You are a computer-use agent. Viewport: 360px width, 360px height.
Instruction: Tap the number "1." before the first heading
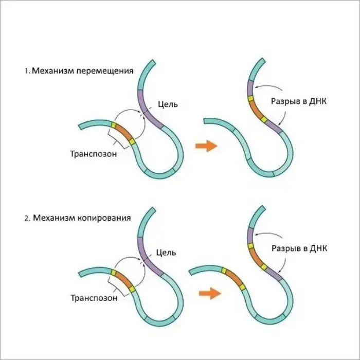click(26, 71)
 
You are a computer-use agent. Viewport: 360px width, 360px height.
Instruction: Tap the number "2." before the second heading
click(26, 218)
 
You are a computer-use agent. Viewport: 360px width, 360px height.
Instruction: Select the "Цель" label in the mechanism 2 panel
click(166, 253)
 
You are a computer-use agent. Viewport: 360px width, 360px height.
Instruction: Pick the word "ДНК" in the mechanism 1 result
click(317, 101)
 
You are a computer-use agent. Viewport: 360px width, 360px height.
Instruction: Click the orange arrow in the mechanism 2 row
click(207, 293)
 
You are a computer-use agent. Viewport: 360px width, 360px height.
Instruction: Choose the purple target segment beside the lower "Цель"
click(146, 253)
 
